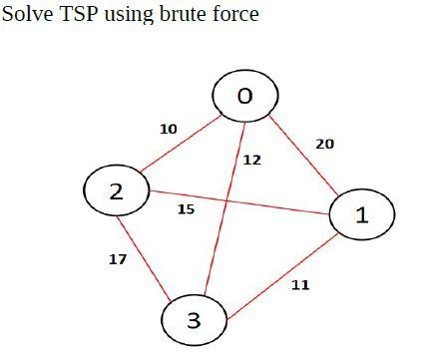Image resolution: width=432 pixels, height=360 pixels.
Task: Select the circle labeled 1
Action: tap(361, 214)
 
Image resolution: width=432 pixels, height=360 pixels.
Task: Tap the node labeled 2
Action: tap(117, 190)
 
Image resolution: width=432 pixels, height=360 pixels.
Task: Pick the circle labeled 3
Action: tap(195, 320)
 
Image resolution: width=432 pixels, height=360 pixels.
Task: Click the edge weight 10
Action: tap(169, 129)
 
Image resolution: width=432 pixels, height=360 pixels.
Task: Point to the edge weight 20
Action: tap(324, 144)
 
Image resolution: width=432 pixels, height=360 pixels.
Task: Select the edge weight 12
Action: tap(252, 160)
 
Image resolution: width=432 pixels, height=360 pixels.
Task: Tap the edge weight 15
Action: tap(186, 209)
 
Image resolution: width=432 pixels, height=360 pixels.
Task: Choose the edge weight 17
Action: tap(118, 259)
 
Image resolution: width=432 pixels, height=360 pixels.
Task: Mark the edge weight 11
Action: tap(300, 285)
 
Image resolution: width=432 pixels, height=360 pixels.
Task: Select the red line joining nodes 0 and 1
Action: tap(304, 155)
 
